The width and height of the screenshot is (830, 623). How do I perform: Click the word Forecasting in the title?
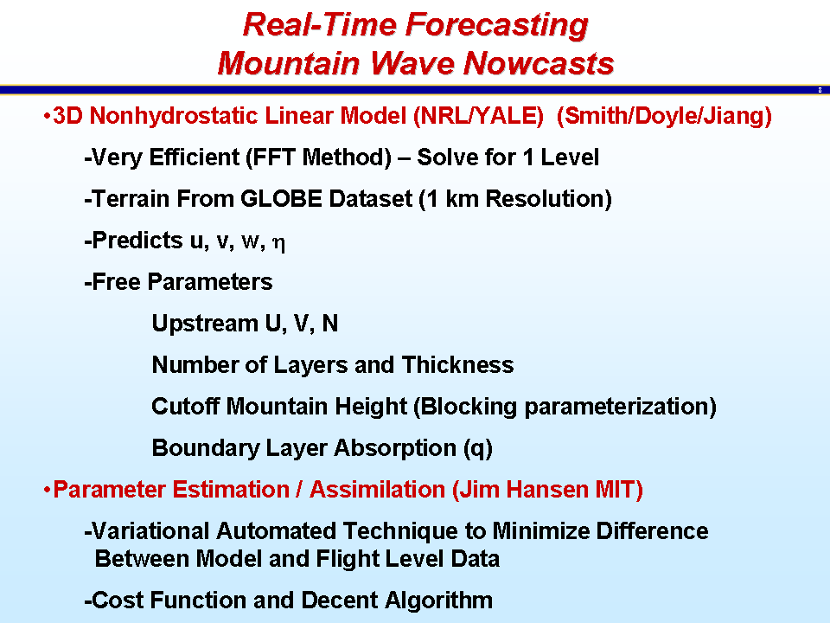pos(496,26)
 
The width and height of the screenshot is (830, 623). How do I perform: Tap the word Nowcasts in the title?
pos(539,63)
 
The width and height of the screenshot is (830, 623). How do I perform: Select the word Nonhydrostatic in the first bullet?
pos(177,116)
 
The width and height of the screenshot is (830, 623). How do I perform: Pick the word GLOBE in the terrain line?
pos(281,199)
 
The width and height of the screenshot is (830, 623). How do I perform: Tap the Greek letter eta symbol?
pos(278,243)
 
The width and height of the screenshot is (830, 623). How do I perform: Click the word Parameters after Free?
pos(210,282)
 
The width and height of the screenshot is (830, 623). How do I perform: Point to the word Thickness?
pos(458,365)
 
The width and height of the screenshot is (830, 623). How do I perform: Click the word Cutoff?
pos(186,407)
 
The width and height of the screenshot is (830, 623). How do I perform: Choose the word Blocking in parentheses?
pos(465,407)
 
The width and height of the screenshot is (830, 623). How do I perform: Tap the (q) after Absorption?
pos(478,449)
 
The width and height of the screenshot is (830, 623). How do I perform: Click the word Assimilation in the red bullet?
pos(378,490)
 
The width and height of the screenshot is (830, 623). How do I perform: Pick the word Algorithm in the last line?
pos(439,601)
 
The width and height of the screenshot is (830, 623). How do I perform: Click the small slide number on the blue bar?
pos(820,90)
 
